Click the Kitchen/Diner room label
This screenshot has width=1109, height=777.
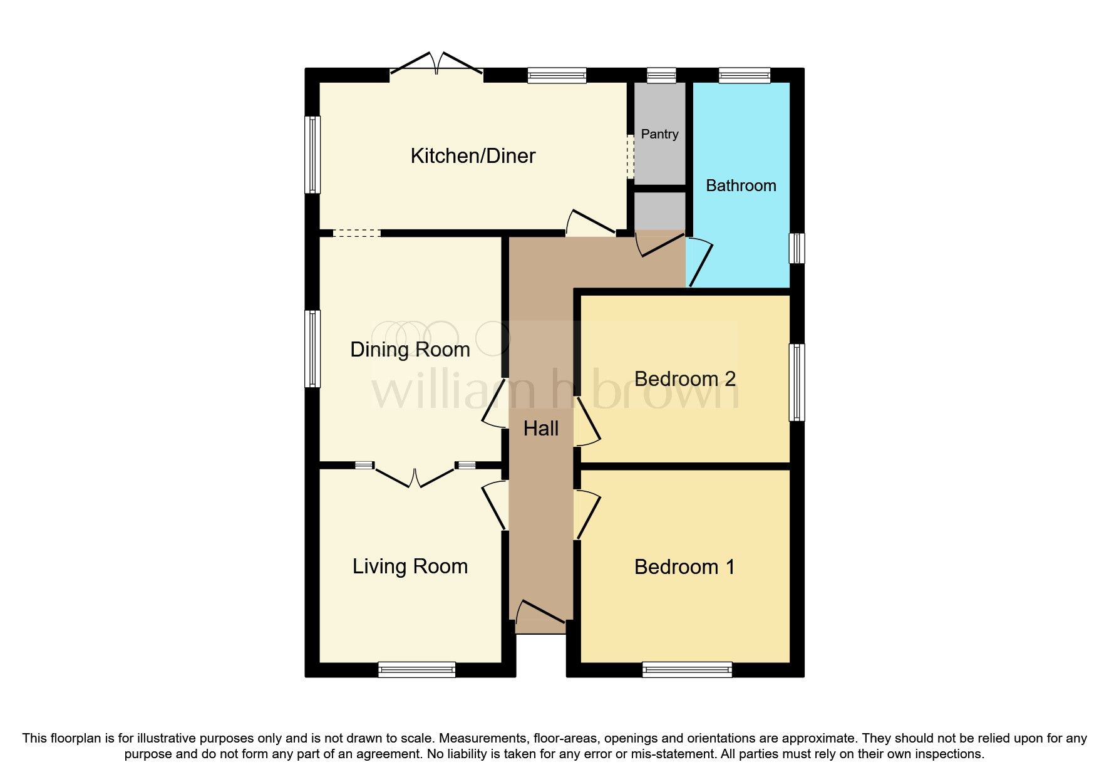coord(473,156)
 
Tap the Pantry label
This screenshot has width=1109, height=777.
coord(659,134)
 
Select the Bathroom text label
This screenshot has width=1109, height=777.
coord(741,185)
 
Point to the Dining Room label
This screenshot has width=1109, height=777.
coord(410,350)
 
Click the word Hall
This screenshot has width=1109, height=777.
coord(540,429)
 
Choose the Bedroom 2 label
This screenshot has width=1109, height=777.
coord(684,379)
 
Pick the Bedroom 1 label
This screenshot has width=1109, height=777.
coord(684,567)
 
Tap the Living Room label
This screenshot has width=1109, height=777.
coord(410,566)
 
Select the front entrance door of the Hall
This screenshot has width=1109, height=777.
coord(540,613)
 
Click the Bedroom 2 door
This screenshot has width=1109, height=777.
coord(588,422)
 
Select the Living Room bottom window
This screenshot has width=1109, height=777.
coord(416,670)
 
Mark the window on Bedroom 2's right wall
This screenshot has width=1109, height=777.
coord(797,382)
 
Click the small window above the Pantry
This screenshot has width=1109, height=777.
coord(661,76)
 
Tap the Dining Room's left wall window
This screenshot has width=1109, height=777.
coord(312,348)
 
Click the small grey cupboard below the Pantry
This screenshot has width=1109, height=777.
coord(659,211)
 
